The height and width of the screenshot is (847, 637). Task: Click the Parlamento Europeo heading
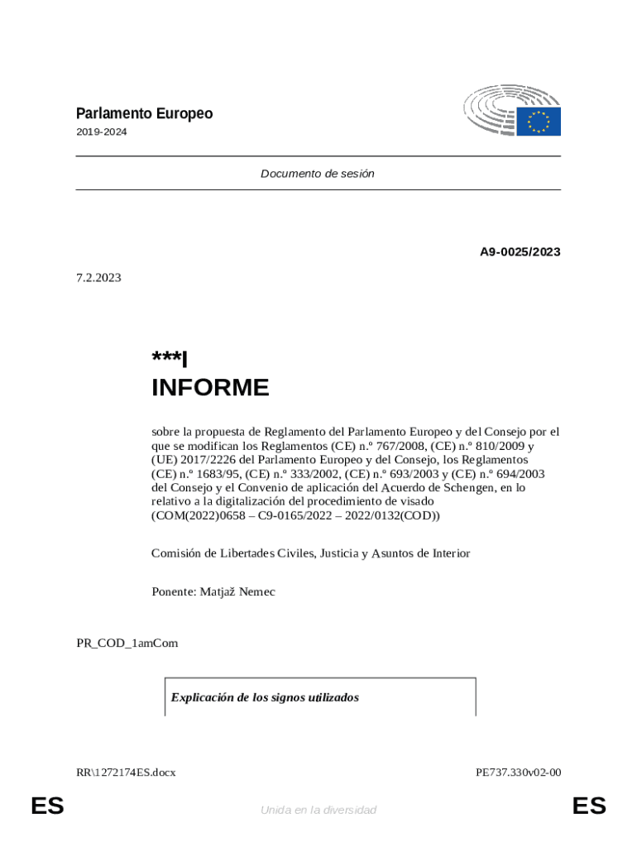coord(144,114)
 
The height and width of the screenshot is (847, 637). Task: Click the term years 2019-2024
coord(102,132)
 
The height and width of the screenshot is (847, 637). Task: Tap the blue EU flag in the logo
coord(539,122)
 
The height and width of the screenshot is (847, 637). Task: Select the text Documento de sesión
coord(318,174)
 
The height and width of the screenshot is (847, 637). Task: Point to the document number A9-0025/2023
coord(520,251)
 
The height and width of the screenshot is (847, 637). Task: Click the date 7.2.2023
coord(98,278)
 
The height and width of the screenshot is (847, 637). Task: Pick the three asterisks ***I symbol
coord(170,360)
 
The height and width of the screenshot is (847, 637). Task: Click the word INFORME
coord(210,388)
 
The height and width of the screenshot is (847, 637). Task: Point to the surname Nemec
coord(256,591)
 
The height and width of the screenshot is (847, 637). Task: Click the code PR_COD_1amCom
coord(127,643)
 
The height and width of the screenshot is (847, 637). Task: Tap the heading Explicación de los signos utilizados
coord(265,697)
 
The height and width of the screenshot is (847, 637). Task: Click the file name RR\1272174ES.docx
coord(126,773)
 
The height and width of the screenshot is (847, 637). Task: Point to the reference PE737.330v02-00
coord(518,773)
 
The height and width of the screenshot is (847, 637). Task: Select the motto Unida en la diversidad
coord(318,810)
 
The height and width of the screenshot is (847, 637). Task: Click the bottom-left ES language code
coord(47,806)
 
